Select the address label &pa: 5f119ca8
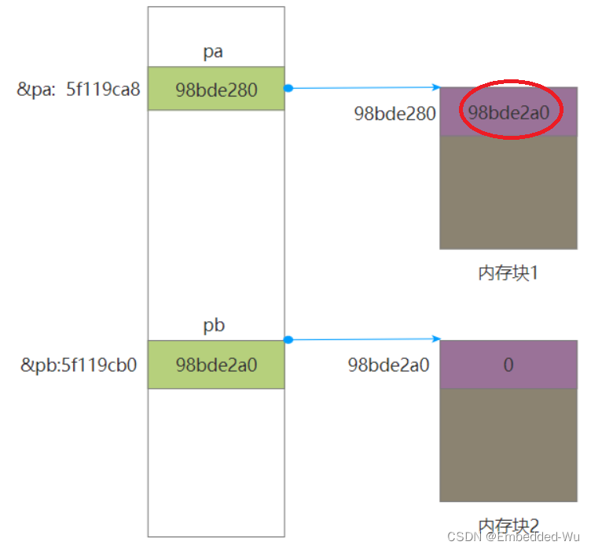click(x=79, y=89)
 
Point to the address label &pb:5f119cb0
click(x=79, y=364)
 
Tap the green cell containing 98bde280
click(x=216, y=89)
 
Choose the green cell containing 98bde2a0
click(x=216, y=364)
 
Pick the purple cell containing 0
click(x=508, y=364)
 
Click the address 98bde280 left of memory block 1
click(x=395, y=113)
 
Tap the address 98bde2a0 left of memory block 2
click(x=389, y=364)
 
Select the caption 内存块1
click(x=508, y=274)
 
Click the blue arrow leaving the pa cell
click(x=362, y=87)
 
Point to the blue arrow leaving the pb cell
click(x=362, y=339)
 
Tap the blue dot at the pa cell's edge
click(x=288, y=87)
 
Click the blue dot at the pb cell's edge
click(x=288, y=339)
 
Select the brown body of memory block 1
click(x=508, y=192)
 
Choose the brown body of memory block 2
click(x=508, y=445)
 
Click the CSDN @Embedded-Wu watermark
click(x=513, y=536)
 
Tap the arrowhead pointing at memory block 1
click(x=435, y=87)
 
